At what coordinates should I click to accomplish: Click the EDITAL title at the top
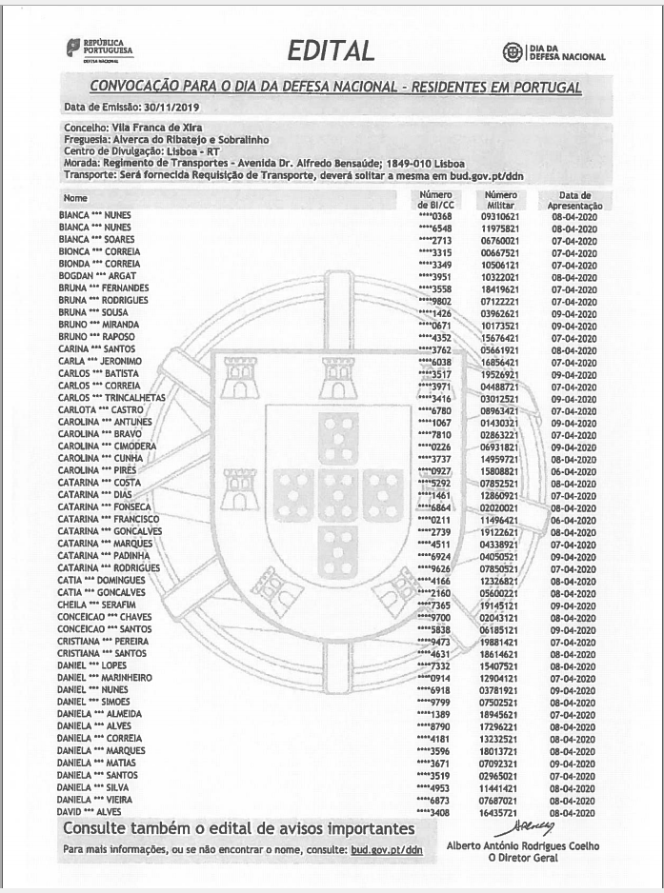(x=331, y=50)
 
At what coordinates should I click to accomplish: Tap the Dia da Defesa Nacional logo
(x=553, y=52)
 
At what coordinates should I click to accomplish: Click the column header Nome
(x=74, y=198)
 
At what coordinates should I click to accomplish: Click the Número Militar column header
(x=501, y=200)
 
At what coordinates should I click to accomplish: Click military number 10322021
(x=501, y=276)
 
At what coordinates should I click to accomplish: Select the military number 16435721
(x=501, y=812)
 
